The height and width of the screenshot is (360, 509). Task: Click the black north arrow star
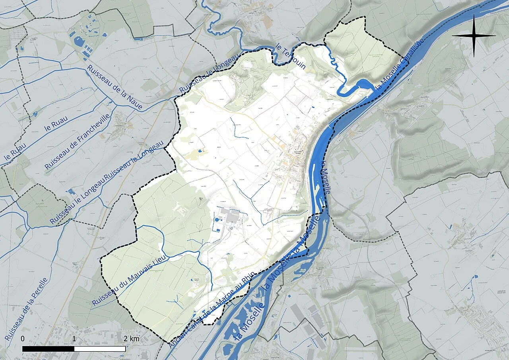[474, 35]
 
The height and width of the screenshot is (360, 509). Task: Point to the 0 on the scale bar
[23, 339]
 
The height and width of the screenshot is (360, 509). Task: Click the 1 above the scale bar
[74, 339]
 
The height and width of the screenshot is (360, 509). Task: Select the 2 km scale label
[131, 339]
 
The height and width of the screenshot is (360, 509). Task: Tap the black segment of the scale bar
[48, 348]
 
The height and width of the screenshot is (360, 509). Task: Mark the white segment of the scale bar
[100, 348]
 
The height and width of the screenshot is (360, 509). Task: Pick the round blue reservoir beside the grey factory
[216, 219]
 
